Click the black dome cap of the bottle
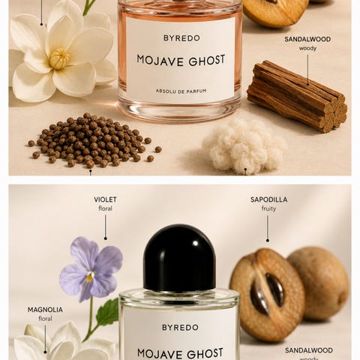click(179, 258)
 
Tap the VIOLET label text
click(105, 199)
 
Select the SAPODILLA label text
click(269, 199)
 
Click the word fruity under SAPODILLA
click(268, 208)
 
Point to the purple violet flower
click(91, 268)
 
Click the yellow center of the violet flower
click(90, 276)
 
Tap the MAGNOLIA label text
click(45, 310)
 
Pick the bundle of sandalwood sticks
click(297, 96)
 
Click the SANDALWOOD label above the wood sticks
click(307, 39)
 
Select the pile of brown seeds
click(94, 140)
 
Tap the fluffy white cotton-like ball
click(244, 146)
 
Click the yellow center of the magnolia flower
click(59, 59)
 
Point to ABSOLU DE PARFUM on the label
click(181, 91)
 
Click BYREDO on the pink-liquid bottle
click(181, 38)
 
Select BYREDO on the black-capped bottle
click(180, 327)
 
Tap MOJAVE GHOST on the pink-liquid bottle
click(181, 61)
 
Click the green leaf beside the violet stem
click(107, 312)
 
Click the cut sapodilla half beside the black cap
click(268, 295)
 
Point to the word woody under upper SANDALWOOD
click(307, 48)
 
